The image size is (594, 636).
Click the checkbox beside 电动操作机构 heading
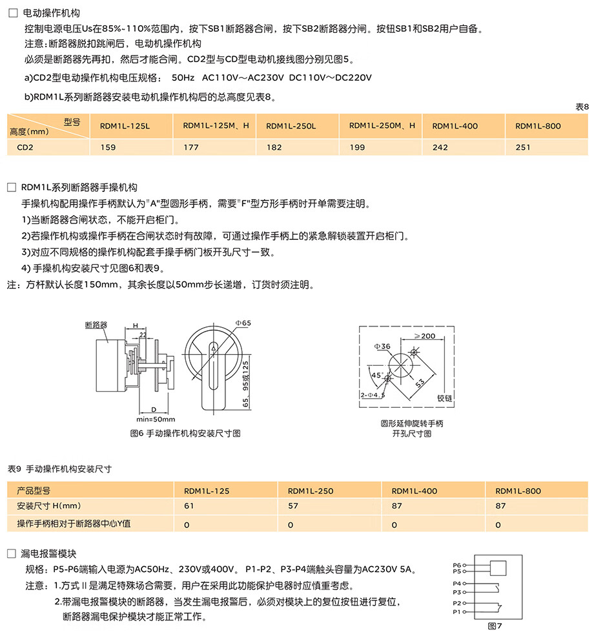pyautogui.click(x=11, y=13)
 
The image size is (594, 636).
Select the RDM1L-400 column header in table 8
pyautogui.click(x=455, y=126)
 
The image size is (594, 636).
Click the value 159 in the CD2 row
pyautogui.click(x=108, y=147)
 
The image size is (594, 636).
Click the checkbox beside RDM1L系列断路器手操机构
pyautogui.click(x=11, y=188)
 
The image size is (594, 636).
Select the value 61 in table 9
pyautogui.click(x=189, y=507)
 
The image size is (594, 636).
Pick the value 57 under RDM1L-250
pyautogui.click(x=292, y=507)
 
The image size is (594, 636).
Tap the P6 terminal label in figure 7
pyautogui.click(x=457, y=566)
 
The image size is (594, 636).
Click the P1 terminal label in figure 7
pyautogui.click(x=457, y=611)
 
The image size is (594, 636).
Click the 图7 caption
pyautogui.click(x=495, y=626)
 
